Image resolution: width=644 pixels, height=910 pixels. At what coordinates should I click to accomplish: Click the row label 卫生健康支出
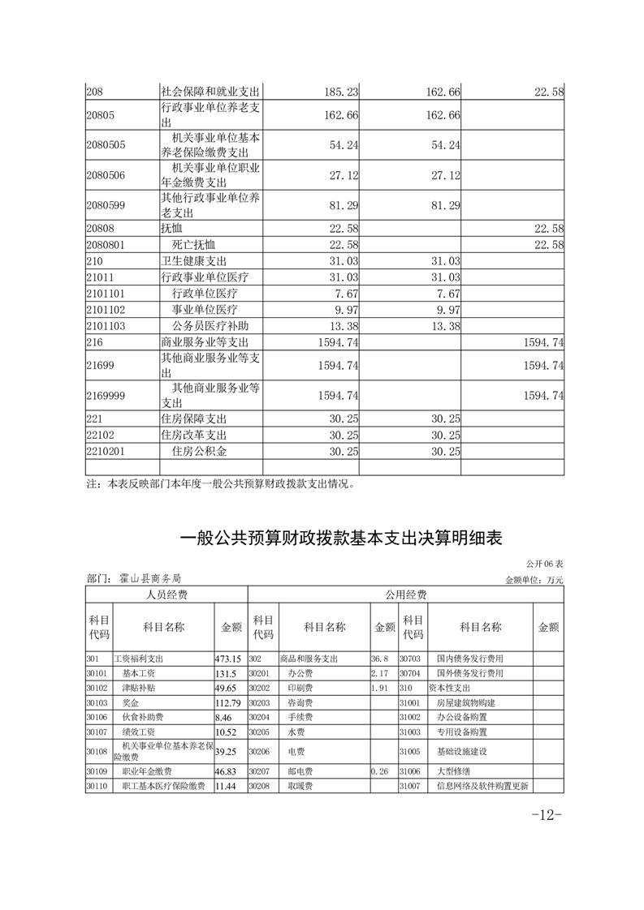coord(193,260)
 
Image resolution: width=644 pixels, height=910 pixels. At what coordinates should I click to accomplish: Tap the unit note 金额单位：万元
coord(534,580)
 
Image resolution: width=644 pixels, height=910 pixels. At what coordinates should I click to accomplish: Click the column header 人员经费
coord(166,595)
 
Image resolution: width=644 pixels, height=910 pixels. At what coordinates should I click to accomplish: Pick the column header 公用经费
coord(405,595)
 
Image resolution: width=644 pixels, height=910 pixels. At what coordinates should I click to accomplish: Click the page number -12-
coord(547,815)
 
